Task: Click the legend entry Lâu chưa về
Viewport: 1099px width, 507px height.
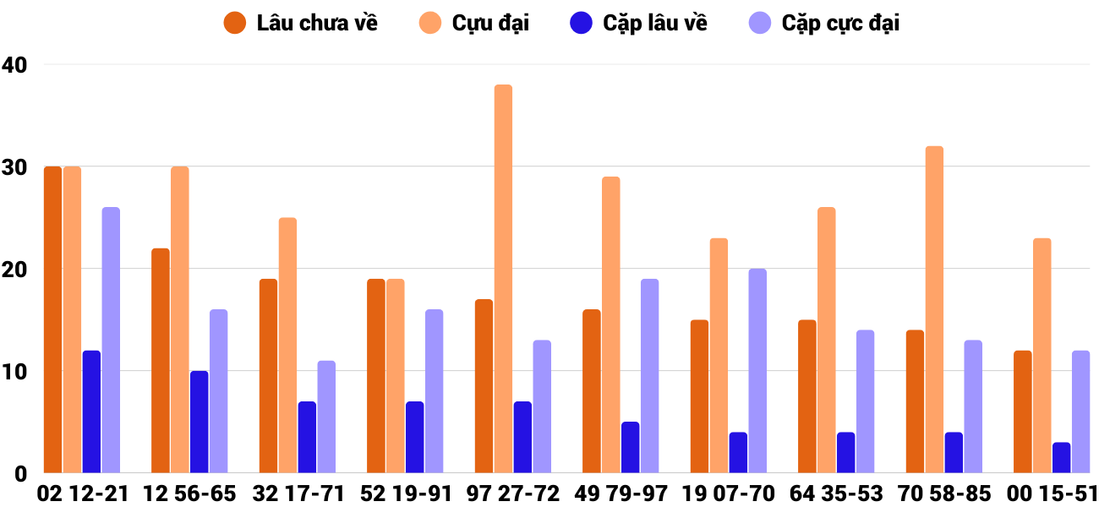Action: click(300, 23)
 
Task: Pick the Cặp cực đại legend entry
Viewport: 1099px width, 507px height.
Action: click(824, 23)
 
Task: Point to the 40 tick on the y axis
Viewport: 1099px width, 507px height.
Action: click(15, 64)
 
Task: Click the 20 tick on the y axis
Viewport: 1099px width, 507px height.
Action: click(15, 270)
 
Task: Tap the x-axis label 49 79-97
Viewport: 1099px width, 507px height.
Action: click(621, 493)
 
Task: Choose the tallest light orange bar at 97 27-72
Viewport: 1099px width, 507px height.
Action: click(503, 279)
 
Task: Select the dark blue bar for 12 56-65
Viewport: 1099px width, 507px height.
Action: click(199, 422)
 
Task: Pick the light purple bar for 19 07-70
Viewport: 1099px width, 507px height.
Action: click(757, 371)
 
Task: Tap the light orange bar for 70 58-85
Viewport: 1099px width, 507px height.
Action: click(934, 309)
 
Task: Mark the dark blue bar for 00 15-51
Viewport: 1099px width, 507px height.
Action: click(1061, 457)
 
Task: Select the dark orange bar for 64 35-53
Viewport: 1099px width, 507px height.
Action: click(807, 396)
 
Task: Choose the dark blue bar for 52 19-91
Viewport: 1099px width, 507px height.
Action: click(414, 437)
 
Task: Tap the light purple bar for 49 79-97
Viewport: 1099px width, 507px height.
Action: click(649, 376)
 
